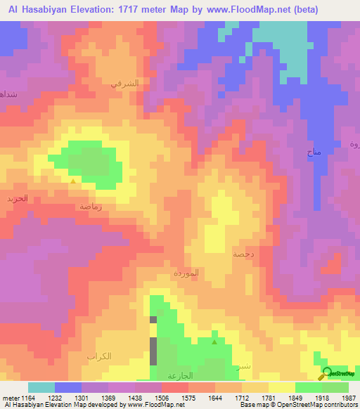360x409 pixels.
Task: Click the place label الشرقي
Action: pyautogui.click(x=124, y=83)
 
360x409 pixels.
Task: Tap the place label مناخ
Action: pyautogui.click(x=314, y=152)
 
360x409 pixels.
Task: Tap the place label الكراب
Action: pyautogui.click(x=99, y=356)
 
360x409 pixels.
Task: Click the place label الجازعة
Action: pyautogui.click(x=181, y=375)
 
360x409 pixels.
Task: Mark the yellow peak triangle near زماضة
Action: pyautogui.click(x=74, y=181)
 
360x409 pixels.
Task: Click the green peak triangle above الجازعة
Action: pyautogui.click(x=214, y=342)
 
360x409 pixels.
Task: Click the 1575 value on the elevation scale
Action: pyautogui.click(x=188, y=398)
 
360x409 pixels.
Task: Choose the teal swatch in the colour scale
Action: pyautogui.click(x=41, y=387)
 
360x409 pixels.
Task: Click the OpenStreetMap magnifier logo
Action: pyautogui.click(x=327, y=373)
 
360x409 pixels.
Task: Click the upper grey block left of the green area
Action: pyautogui.click(x=153, y=320)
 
